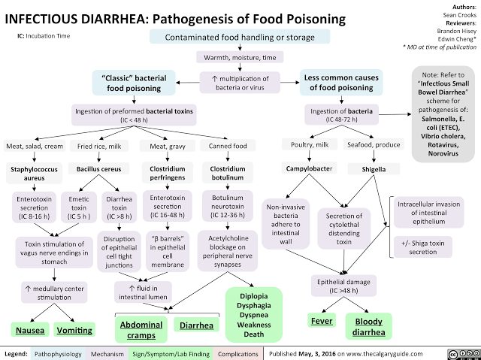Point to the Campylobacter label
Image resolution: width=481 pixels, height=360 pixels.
pos(307,167)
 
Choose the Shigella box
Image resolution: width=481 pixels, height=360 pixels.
pos(374,168)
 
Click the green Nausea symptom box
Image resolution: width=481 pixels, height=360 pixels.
pos(26,330)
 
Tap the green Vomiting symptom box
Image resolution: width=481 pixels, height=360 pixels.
pos(74,330)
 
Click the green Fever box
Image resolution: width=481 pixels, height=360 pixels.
pos(322,321)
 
